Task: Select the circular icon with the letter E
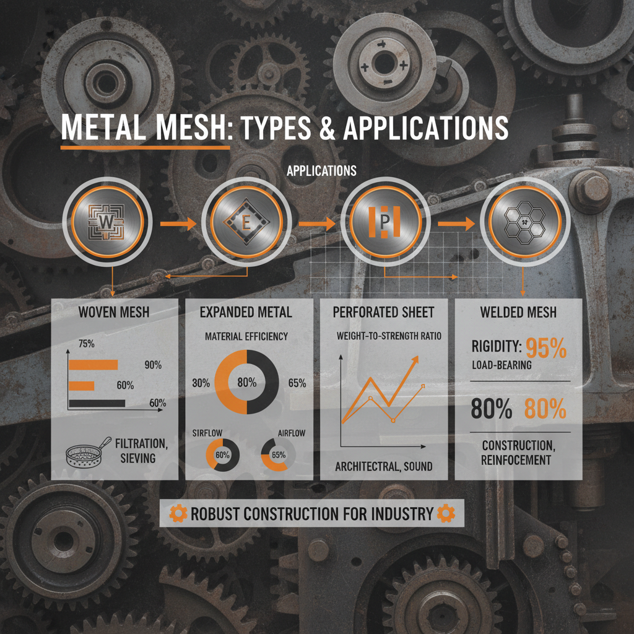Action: point(247,222)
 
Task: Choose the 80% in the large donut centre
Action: point(247,382)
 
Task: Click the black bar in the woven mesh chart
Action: point(97,403)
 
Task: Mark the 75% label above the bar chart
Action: point(85,342)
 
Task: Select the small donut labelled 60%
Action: point(222,455)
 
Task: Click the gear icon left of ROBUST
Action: point(177,513)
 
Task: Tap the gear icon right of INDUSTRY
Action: point(443,513)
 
